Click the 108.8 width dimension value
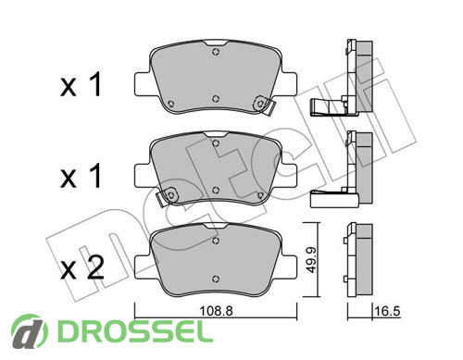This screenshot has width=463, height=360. pos(216,311)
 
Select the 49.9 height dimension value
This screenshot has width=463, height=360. pos(310,259)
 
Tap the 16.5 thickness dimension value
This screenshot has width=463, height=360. pos(387,311)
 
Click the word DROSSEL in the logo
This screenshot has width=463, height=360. pos(135,331)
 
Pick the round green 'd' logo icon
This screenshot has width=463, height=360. pos(30,332)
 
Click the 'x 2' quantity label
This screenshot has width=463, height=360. pos(82,268)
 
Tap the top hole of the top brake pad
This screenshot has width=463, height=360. pos(216,52)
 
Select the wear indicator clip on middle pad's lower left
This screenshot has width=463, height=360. pos(167,196)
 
